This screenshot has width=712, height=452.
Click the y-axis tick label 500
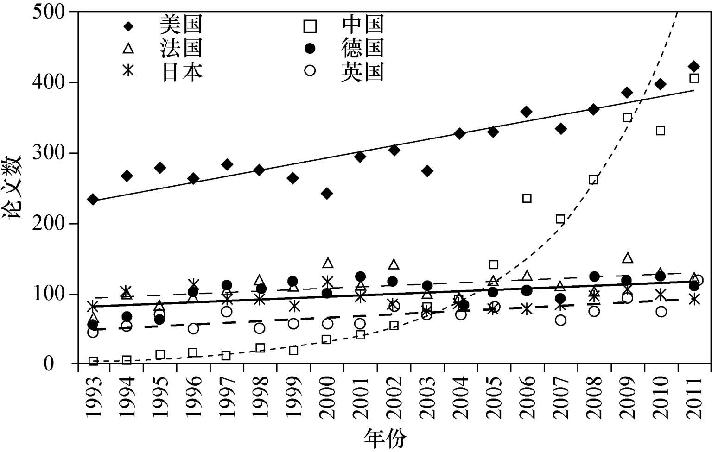click(x=49, y=12)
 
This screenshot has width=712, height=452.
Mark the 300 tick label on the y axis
click(x=49, y=153)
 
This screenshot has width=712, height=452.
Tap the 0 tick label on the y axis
click(x=49, y=364)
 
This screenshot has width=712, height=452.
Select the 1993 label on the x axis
click(x=94, y=397)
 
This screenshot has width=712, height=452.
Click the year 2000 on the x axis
click(x=328, y=397)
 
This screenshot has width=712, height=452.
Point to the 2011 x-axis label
click(x=695, y=397)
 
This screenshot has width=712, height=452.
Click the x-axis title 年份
click(x=386, y=438)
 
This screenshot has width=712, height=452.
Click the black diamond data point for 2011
click(x=693, y=67)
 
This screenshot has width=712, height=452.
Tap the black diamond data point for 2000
click(x=326, y=193)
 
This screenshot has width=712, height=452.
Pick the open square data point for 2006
click(x=527, y=198)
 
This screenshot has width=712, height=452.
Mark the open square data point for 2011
click(x=693, y=78)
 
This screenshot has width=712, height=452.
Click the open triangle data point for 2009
click(x=627, y=258)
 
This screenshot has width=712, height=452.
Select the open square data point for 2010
click(x=661, y=131)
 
